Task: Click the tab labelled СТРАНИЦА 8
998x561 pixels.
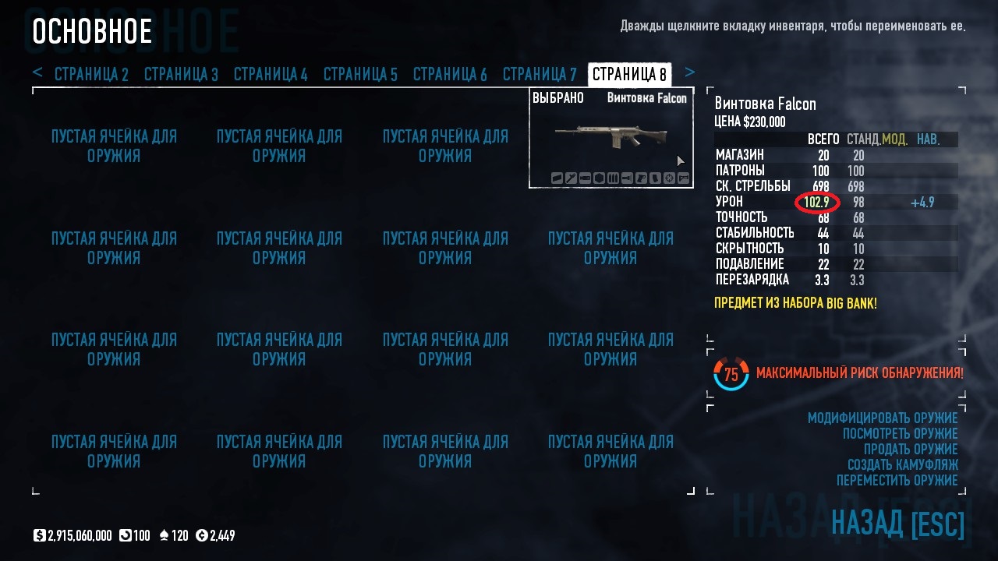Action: tap(629, 75)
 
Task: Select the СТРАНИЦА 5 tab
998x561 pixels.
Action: tap(360, 75)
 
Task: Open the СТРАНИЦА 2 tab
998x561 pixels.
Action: tap(91, 75)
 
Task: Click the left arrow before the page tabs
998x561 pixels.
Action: tap(37, 72)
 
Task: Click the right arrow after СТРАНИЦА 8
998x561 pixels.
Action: tap(689, 72)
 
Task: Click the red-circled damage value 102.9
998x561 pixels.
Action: tap(816, 203)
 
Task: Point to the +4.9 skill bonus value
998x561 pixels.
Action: tap(922, 203)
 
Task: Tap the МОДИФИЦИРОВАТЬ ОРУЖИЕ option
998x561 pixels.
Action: tap(883, 418)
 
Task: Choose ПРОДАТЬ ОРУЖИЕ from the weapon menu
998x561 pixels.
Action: tap(911, 450)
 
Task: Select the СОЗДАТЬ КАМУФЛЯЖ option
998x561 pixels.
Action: tap(903, 465)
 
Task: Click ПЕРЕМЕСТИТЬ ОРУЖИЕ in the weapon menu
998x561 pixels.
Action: tap(897, 481)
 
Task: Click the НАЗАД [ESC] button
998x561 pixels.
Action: tap(897, 524)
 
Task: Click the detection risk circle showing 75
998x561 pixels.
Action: tap(731, 375)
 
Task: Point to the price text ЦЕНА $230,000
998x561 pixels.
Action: tap(750, 122)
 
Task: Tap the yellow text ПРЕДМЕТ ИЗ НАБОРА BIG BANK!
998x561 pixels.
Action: tap(795, 303)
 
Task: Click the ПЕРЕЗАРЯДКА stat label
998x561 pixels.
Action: tap(752, 280)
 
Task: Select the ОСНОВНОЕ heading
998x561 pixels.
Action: tap(92, 32)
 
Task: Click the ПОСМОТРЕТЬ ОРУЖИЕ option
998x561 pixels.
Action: tap(901, 434)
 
